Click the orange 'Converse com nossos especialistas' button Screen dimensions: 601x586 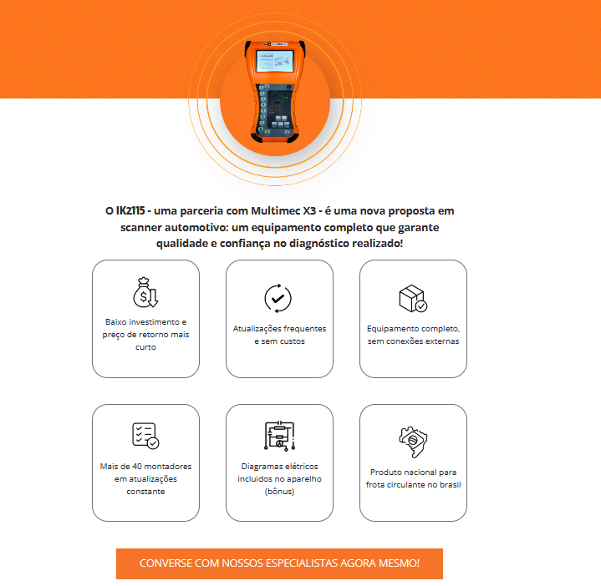(x=279, y=563)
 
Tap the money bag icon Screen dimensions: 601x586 (x=145, y=292)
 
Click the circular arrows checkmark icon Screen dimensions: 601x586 (x=278, y=298)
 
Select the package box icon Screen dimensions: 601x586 (x=413, y=299)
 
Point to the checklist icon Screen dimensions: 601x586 (x=145, y=436)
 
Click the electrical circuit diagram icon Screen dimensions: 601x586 (x=279, y=436)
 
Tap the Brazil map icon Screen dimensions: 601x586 (x=413, y=442)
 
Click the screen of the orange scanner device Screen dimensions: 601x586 (x=274, y=61)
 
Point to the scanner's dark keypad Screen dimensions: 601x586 (x=278, y=109)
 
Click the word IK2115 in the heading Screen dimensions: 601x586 (x=130, y=211)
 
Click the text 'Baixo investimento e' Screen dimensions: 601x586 (x=145, y=322)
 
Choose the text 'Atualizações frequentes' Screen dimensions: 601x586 (x=279, y=328)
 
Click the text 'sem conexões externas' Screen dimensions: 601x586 (x=413, y=341)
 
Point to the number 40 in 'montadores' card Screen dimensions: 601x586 (x=137, y=466)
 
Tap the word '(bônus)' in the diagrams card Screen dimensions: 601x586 (x=279, y=491)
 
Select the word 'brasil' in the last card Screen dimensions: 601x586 (x=451, y=484)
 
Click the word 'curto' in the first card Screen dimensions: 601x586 (x=145, y=347)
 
